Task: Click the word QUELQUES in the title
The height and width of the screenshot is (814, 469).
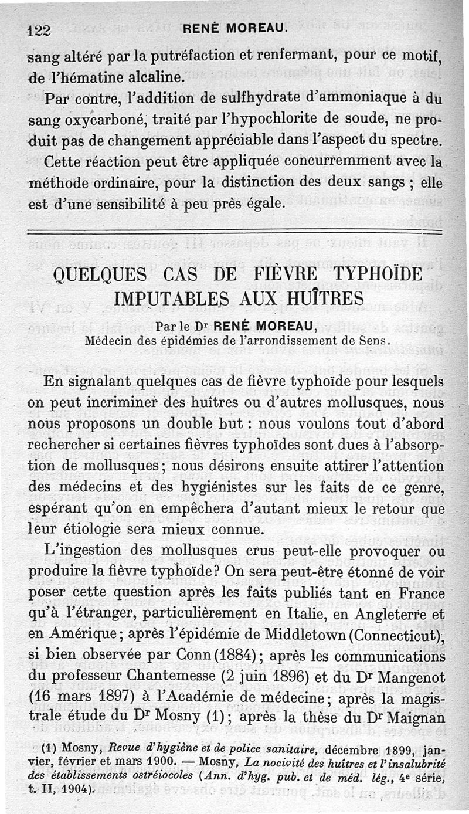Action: point(98,274)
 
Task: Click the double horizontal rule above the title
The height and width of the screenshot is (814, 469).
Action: point(235,232)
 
